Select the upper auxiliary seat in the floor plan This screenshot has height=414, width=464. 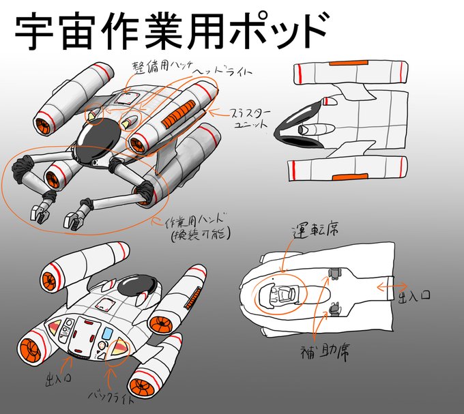[x=334, y=274]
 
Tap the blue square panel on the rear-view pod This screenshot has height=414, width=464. [x=108, y=333]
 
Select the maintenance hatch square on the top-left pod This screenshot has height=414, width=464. [x=123, y=100]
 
